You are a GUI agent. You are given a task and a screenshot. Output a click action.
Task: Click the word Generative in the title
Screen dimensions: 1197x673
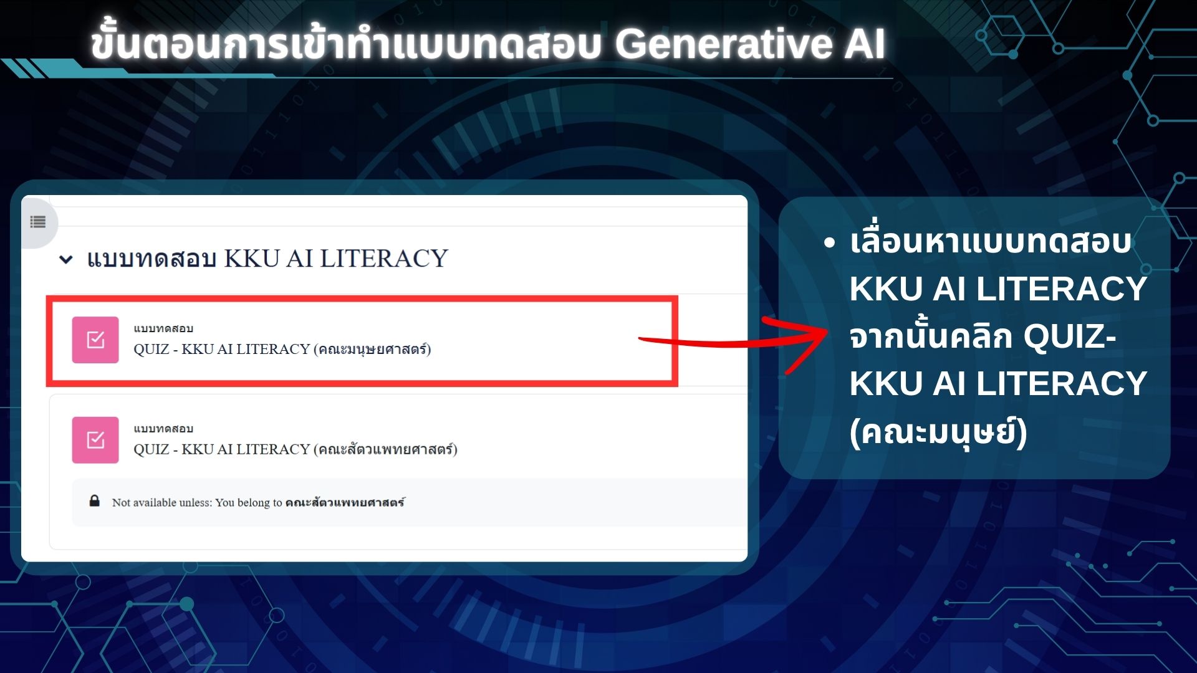(724, 44)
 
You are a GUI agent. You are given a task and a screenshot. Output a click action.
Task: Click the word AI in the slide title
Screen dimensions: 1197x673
(865, 44)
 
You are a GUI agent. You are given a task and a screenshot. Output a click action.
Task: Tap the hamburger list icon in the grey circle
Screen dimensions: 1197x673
(38, 222)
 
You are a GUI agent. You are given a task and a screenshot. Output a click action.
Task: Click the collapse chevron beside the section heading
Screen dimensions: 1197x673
(65, 259)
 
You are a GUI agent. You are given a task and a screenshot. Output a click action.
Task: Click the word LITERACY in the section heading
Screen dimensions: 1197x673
(384, 258)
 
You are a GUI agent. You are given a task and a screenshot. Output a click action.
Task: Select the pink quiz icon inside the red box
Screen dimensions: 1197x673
(95, 340)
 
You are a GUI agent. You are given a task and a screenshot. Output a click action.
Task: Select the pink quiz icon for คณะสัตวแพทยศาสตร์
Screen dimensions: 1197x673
(95, 440)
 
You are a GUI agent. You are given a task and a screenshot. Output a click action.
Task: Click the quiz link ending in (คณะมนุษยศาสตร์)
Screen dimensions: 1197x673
(282, 349)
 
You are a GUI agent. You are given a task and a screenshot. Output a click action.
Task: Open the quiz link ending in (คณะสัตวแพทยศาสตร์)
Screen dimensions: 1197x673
(296, 449)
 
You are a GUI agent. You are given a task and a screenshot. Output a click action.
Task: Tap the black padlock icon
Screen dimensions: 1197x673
(95, 501)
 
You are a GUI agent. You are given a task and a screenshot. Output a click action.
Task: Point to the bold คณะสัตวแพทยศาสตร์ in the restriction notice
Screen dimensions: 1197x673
(345, 502)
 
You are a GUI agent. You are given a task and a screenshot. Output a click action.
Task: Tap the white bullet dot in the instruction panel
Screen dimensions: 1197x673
(829, 243)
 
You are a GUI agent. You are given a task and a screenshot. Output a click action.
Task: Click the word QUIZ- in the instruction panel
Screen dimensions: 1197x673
(1070, 336)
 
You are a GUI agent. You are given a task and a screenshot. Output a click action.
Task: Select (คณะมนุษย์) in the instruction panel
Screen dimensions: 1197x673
(938, 432)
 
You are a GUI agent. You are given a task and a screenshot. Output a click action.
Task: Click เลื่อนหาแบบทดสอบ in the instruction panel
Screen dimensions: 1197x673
(991, 242)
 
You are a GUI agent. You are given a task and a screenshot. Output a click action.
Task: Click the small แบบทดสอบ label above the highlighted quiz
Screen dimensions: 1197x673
(163, 328)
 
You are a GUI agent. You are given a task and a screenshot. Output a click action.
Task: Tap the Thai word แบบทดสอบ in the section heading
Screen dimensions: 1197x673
(151, 259)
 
